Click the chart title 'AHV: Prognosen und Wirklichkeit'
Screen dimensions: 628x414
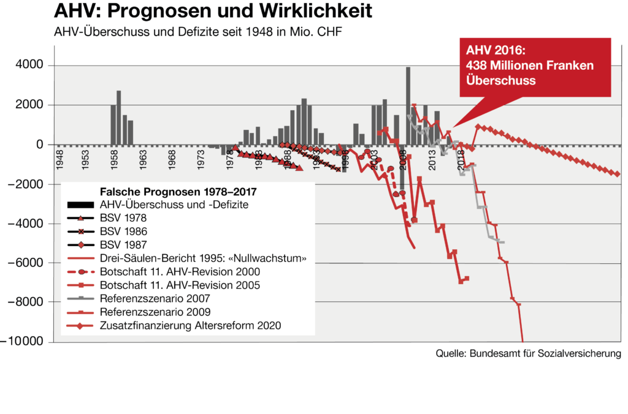[x=213, y=11]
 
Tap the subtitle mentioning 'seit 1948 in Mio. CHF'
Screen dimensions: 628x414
[x=198, y=32]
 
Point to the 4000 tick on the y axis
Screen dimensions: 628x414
[x=29, y=64]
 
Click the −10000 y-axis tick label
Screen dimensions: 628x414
[x=21, y=341]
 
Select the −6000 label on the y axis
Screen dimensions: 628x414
[x=26, y=262]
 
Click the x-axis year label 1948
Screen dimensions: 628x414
[x=59, y=160]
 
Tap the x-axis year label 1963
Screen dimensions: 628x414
[x=142, y=160]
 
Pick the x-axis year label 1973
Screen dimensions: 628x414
[x=201, y=160]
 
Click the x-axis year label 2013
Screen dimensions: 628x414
[x=432, y=160]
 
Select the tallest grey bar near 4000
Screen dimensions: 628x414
[x=408, y=105]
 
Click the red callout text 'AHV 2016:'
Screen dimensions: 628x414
[x=496, y=50]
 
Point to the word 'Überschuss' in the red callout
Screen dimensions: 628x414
[x=500, y=80]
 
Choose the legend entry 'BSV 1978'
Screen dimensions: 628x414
[x=123, y=218]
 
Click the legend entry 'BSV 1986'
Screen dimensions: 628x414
[x=123, y=231]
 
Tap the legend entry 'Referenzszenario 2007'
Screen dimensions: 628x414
[x=155, y=298]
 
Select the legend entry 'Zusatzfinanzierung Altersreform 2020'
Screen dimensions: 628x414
[x=190, y=325]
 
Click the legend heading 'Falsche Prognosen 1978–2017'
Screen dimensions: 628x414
[x=178, y=192]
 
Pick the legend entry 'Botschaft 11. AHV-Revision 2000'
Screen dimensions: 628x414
[x=180, y=271]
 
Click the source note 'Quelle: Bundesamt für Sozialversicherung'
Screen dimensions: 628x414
[x=528, y=353]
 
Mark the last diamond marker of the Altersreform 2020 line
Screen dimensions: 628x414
[x=617, y=174]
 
